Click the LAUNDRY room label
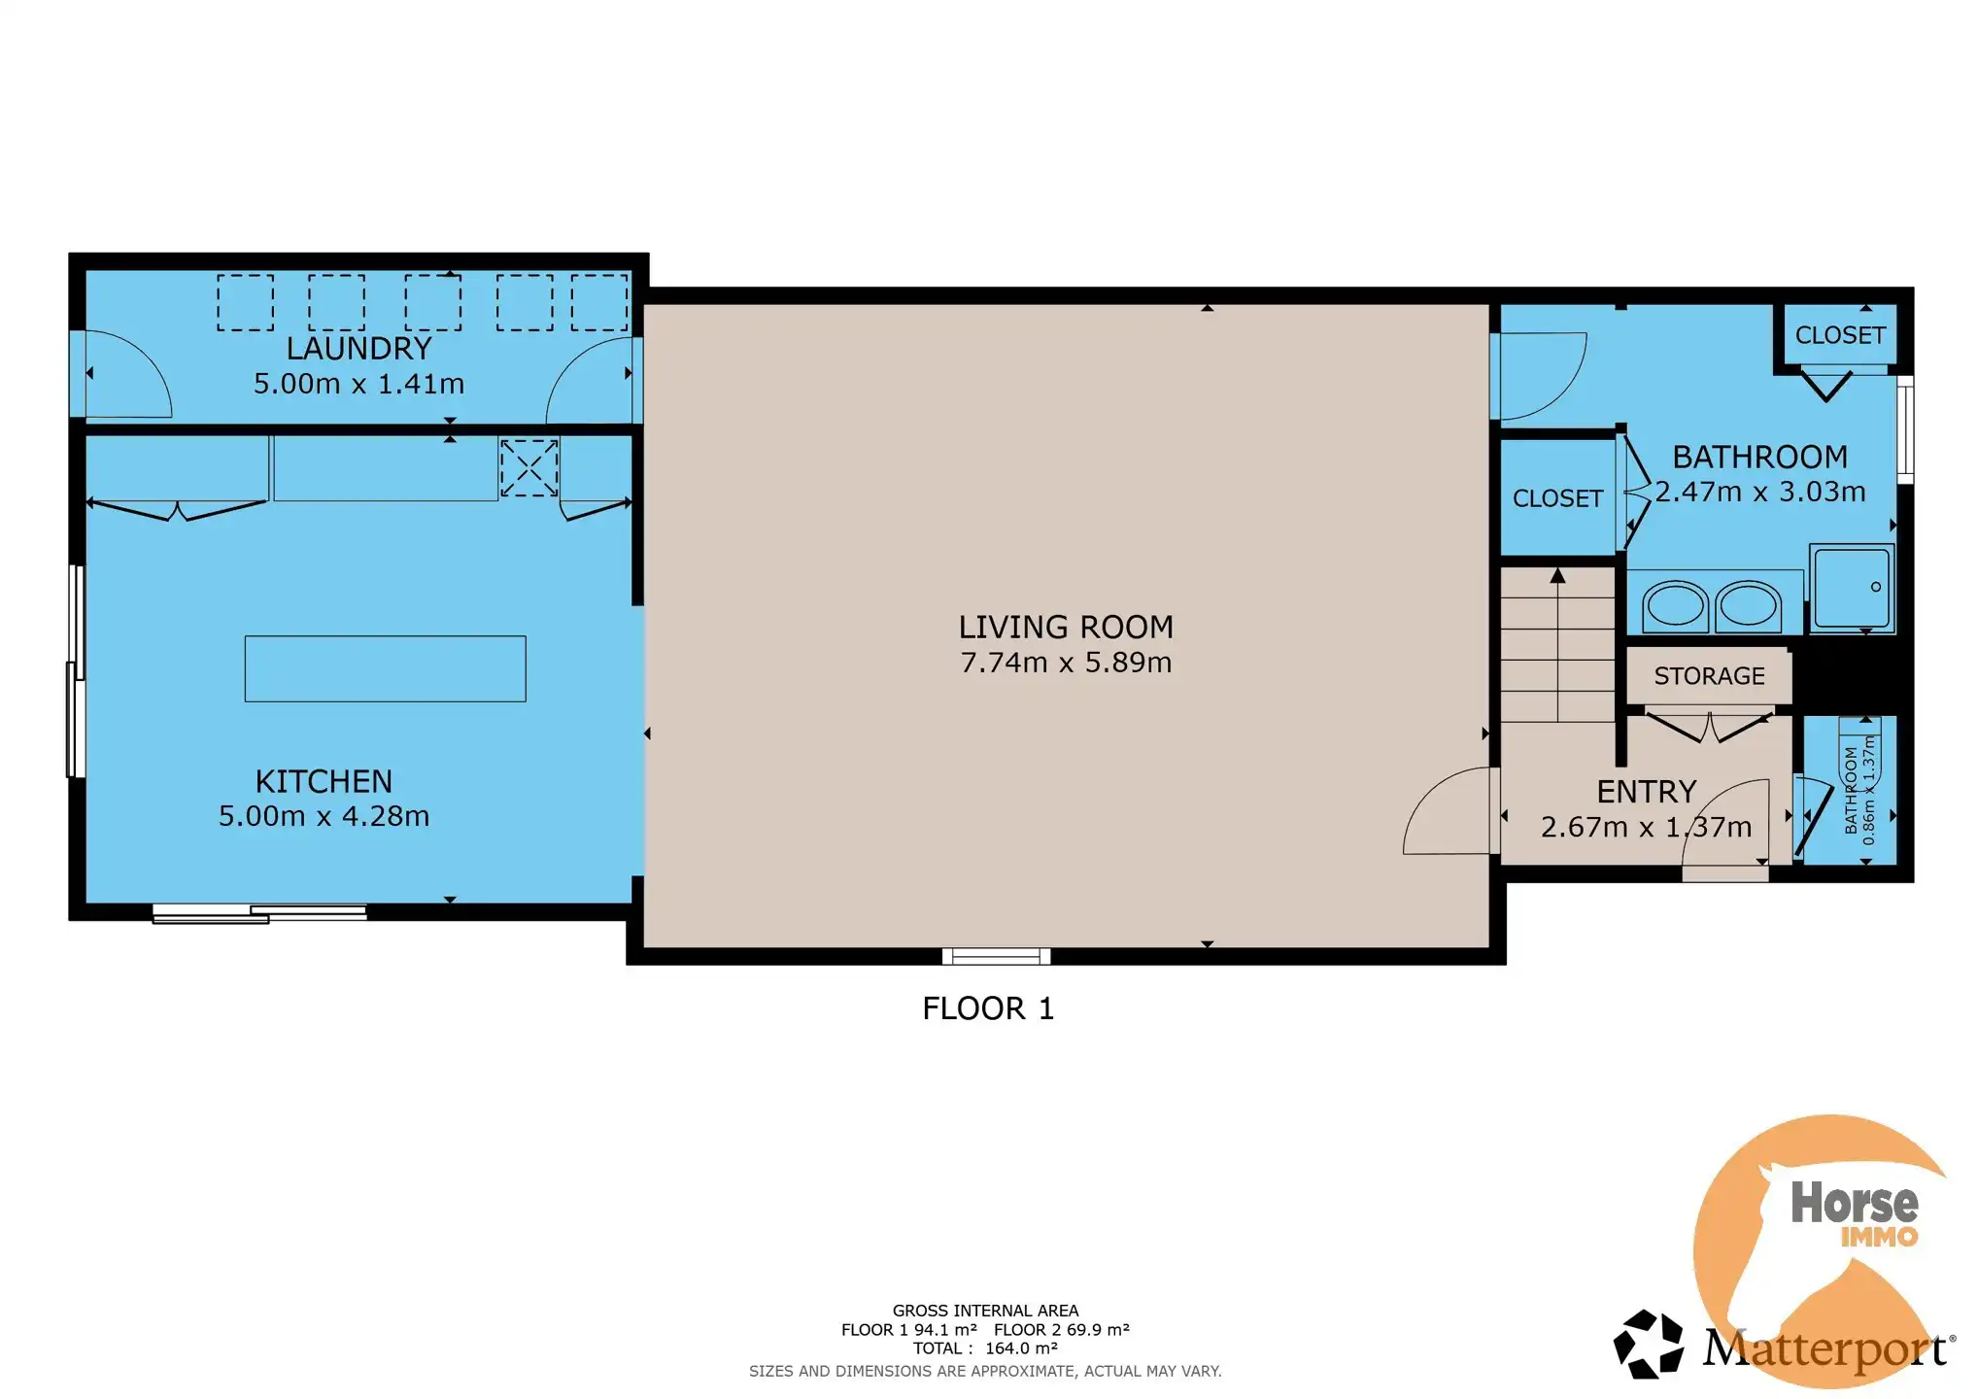coord(358,348)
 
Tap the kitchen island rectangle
coord(385,668)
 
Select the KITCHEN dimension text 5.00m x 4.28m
coord(324,816)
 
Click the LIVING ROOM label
coord(1066,627)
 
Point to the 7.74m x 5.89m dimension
coord(1066,663)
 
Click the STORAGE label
coord(1709,676)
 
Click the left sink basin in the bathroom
coord(1675,605)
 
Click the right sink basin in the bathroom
coord(1748,605)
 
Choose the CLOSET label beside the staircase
coord(1557,498)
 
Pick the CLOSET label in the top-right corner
coord(1840,335)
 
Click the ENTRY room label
coord(1647,792)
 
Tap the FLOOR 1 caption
coord(988,1008)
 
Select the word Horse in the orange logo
coord(1855,1202)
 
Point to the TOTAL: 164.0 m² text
coord(985,1348)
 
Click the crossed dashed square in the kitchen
coord(529,468)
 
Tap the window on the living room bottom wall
coord(996,957)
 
